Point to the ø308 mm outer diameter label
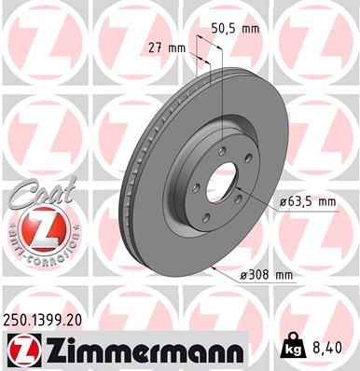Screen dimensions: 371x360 pyautogui.click(x=266, y=274)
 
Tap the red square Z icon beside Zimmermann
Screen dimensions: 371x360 pyautogui.click(x=21, y=350)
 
